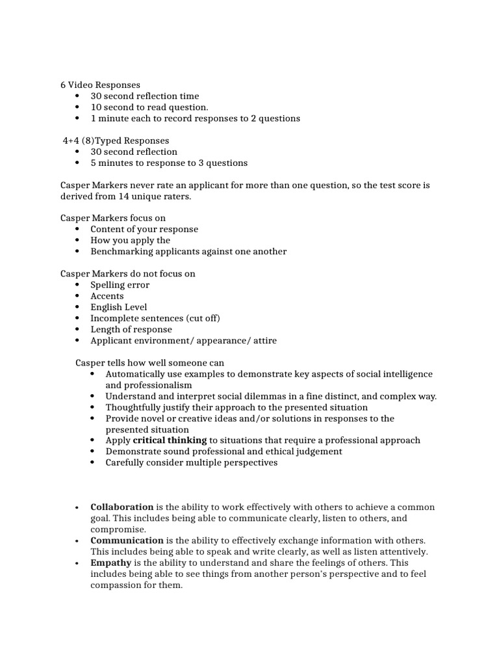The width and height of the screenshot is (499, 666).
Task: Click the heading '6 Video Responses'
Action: (100, 85)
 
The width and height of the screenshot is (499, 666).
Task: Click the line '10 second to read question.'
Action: (149, 107)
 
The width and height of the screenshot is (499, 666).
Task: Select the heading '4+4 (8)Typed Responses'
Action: (116, 140)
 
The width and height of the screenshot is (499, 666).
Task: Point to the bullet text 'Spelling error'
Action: (120, 285)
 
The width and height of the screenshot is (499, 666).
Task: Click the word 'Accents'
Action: (107, 296)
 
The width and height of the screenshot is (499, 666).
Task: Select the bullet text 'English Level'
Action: (119, 307)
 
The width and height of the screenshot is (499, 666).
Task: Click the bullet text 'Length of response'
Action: (131, 329)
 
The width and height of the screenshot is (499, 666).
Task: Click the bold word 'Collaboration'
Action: (122, 507)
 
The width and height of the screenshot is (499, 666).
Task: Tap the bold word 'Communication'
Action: (127, 540)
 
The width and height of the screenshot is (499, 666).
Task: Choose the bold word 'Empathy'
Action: (111, 563)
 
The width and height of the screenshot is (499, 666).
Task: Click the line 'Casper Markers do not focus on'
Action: (128, 274)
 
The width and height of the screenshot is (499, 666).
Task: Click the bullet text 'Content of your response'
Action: (144, 229)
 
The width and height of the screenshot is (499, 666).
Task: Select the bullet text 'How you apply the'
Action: (130, 240)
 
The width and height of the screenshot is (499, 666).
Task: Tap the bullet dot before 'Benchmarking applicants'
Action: (77, 252)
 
